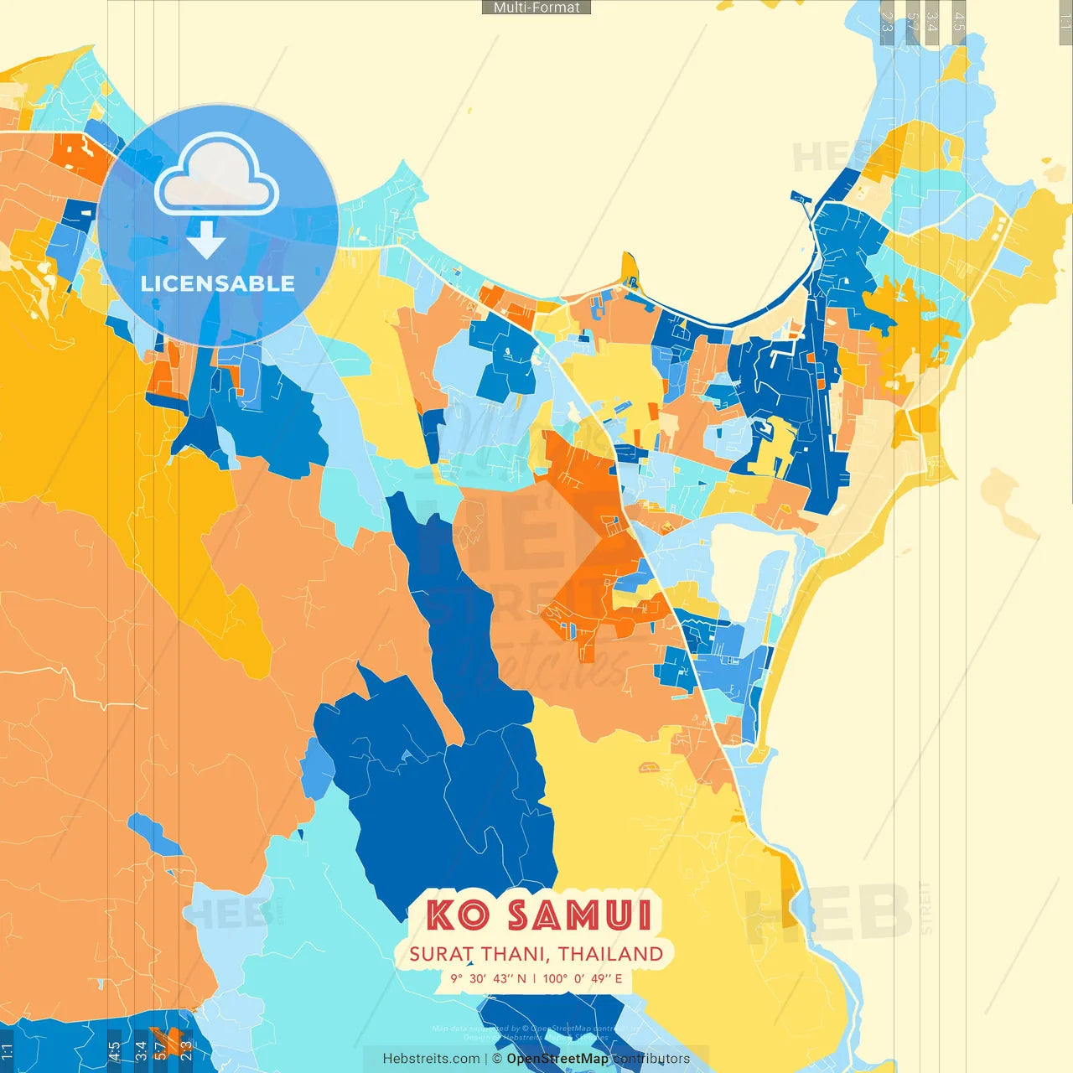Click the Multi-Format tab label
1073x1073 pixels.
[536, 8]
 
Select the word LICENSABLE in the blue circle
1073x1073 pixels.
[217, 283]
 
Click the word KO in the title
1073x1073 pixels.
[458, 915]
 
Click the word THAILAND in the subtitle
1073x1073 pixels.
[611, 954]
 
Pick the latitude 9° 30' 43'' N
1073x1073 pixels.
[489, 978]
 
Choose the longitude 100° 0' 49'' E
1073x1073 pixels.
[583, 978]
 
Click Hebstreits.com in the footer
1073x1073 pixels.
[431, 1059]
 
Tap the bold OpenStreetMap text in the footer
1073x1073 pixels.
[557, 1059]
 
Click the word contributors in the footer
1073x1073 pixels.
[651, 1059]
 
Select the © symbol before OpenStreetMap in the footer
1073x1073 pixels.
[496, 1059]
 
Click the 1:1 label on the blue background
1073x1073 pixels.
[7, 1049]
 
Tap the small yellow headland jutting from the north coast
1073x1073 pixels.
[630, 269]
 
